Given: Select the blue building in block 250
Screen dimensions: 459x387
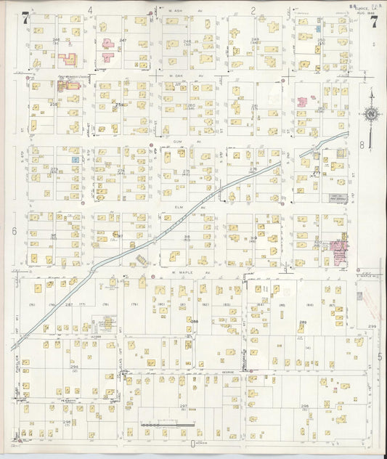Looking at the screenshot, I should pos(318,28).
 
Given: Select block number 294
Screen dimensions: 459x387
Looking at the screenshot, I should pos(74,367).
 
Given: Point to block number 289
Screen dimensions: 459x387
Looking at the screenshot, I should pos(302,322).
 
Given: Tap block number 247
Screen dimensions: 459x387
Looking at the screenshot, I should pos(123,40).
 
